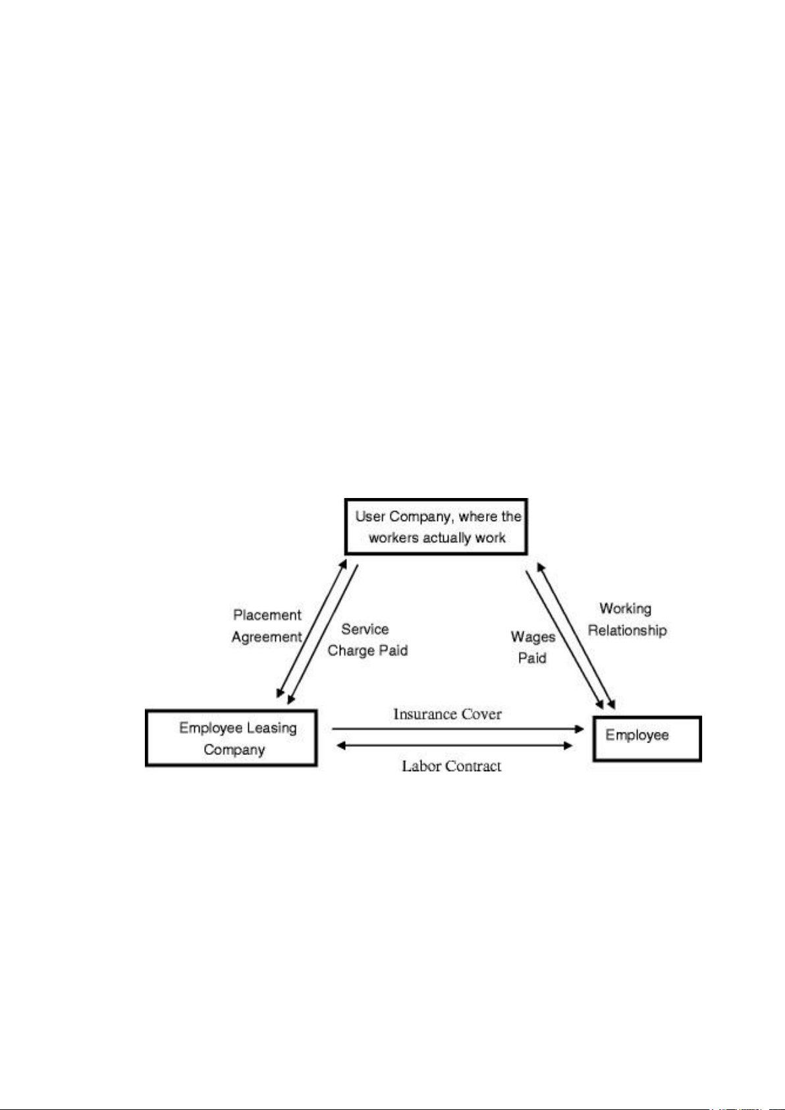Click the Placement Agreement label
pyautogui.click(x=267, y=626)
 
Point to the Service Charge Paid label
pyautogui.click(x=367, y=640)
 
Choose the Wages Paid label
pyautogui.click(x=533, y=647)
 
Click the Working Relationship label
pyautogui.click(x=627, y=619)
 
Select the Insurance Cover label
pyautogui.click(x=447, y=714)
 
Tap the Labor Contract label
pyautogui.click(x=451, y=766)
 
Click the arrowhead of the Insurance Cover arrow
pyautogui.click(x=580, y=729)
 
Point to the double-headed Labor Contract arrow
pyautogui.click(x=454, y=745)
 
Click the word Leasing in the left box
pyautogui.click(x=272, y=729)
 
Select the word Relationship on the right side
pyautogui.click(x=627, y=631)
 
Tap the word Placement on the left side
pyautogui.click(x=267, y=615)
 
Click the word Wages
pyautogui.click(x=533, y=637)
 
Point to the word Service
pyautogui.click(x=365, y=629)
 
